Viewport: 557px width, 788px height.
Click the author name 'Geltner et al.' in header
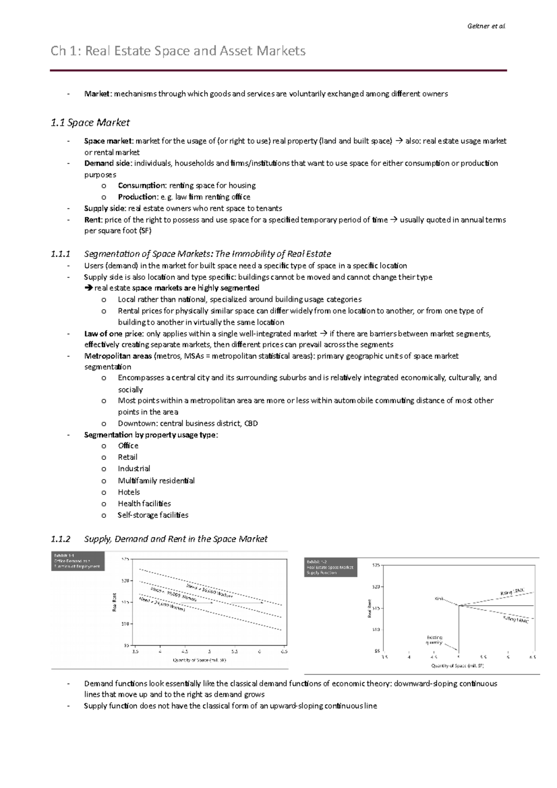(486, 26)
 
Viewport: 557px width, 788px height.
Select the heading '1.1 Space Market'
(90, 123)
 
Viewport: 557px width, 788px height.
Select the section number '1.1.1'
(60, 254)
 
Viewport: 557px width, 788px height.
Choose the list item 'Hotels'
(129, 492)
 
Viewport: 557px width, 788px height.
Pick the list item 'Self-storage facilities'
(153, 515)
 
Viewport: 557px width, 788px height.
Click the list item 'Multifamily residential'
(156, 481)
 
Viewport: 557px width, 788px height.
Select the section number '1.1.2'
(60, 539)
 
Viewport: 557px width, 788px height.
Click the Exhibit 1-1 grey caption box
(78, 561)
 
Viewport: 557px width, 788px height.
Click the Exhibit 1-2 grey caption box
(330, 567)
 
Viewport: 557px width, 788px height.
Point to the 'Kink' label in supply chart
(439, 599)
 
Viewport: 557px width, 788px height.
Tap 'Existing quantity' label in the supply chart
(434, 640)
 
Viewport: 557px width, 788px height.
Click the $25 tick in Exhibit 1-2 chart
(376, 565)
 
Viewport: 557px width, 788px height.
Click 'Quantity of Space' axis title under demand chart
(199, 660)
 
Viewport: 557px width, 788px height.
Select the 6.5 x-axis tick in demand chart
(284, 652)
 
